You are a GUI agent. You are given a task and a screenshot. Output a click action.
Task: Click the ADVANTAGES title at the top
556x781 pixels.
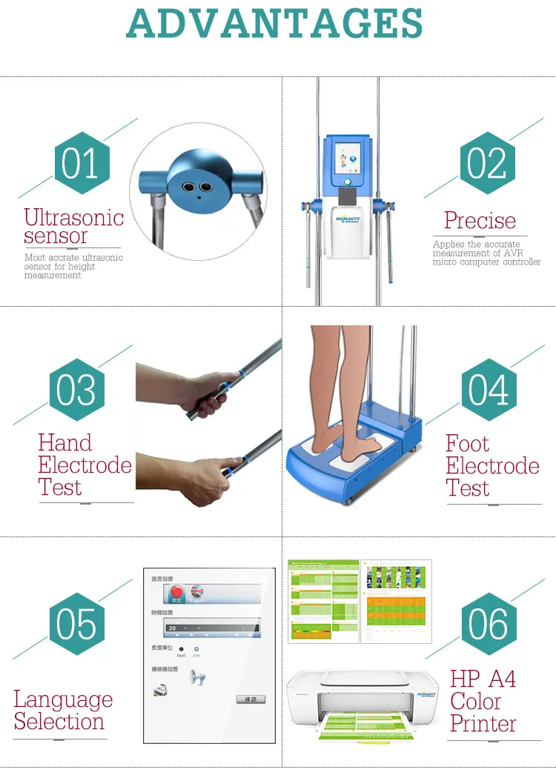click(275, 24)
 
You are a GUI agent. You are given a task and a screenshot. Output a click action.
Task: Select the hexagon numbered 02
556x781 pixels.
click(487, 163)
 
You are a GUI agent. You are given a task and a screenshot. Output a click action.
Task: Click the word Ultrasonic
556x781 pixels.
click(73, 217)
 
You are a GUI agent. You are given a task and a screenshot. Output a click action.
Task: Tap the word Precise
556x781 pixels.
click(480, 220)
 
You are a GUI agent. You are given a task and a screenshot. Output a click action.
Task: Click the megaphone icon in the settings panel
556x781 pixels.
click(197, 677)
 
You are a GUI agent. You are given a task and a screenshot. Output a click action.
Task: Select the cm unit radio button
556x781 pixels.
click(196, 649)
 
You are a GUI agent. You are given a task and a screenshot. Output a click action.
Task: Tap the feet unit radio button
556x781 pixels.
click(182, 649)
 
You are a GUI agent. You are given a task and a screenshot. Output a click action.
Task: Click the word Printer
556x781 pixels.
click(483, 724)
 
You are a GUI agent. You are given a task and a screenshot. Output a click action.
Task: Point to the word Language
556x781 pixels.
click(63, 699)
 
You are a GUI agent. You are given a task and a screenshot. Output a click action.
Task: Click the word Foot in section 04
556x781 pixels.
click(467, 444)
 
